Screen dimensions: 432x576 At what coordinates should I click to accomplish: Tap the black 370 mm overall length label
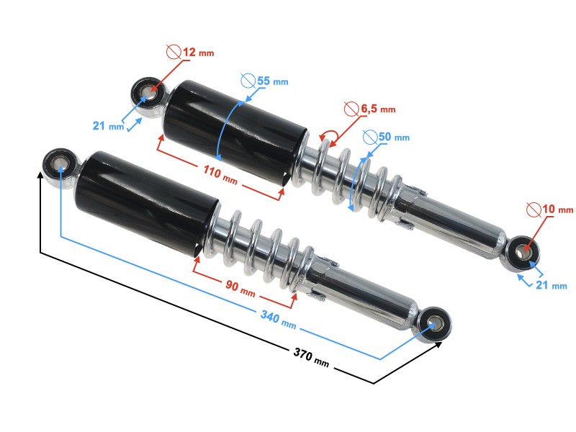[311, 357]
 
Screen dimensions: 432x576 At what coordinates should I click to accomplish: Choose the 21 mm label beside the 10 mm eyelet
[550, 285]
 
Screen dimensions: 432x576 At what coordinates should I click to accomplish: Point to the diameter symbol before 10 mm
[534, 210]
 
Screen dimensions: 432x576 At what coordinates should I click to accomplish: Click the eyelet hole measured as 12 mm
[148, 93]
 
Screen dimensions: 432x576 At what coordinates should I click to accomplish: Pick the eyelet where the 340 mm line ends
[435, 325]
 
